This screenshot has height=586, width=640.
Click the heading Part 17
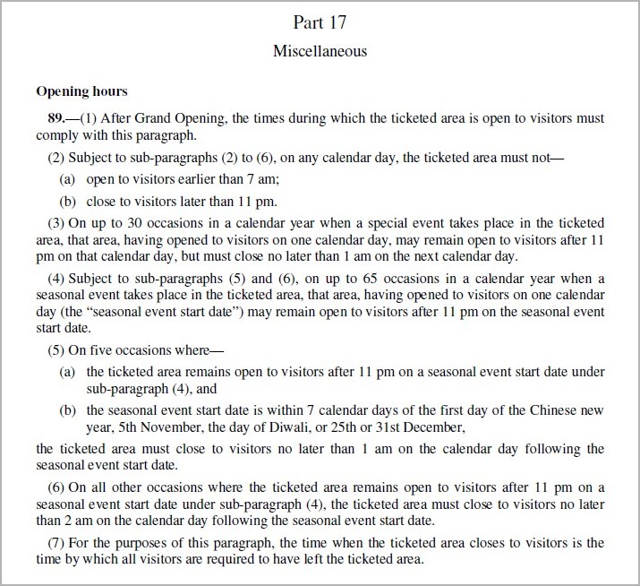(320, 22)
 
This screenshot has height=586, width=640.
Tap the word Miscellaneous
(320, 51)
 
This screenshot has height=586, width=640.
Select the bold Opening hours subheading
(81, 91)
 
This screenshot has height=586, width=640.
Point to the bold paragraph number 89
(56, 118)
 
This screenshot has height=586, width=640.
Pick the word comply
(57, 135)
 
